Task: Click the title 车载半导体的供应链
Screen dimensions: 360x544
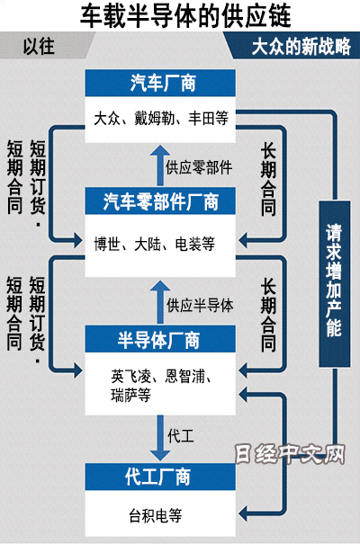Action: (x=185, y=15)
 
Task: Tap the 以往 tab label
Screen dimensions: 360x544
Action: (x=39, y=46)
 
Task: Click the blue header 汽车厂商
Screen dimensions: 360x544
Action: (x=160, y=83)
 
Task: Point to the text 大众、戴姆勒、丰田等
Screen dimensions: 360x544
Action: (x=161, y=119)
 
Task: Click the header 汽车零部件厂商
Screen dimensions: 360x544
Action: (x=160, y=201)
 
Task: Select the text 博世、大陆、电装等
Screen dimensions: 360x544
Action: (x=155, y=244)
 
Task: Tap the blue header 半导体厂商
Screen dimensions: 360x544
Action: (x=160, y=339)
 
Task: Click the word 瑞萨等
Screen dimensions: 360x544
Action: (x=130, y=395)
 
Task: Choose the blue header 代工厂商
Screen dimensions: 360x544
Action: (x=160, y=477)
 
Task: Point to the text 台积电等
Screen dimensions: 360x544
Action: (x=156, y=515)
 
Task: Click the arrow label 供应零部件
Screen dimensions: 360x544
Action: (x=199, y=167)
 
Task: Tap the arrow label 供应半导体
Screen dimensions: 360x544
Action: (x=200, y=306)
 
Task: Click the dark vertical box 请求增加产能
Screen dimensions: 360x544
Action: (x=335, y=284)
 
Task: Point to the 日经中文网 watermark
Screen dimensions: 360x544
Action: (x=290, y=454)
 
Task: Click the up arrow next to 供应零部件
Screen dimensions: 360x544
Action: (x=160, y=165)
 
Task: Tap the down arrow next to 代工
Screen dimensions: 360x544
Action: (x=160, y=438)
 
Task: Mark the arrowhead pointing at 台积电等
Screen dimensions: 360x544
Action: (x=243, y=513)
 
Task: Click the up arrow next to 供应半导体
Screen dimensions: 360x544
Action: (x=160, y=302)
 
